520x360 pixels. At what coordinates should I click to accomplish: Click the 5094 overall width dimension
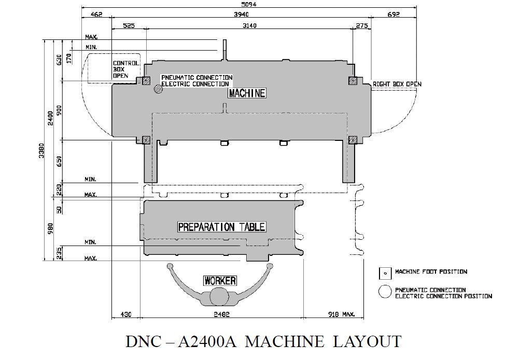(x=248, y=4)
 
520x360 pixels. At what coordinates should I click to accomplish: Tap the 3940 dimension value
(x=241, y=14)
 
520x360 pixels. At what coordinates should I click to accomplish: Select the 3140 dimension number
(x=249, y=25)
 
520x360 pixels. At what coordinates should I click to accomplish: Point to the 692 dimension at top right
(x=393, y=14)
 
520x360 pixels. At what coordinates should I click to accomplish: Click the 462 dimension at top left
(x=96, y=14)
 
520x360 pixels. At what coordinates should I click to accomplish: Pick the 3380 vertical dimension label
(x=41, y=150)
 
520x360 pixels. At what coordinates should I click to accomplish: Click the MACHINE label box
(x=247, y=93)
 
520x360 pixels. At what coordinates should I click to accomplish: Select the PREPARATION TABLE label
(x=221, y=227)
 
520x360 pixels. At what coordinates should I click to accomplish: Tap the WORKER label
(x=220, y=281)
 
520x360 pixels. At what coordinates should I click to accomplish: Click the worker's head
(x=219, y=296)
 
